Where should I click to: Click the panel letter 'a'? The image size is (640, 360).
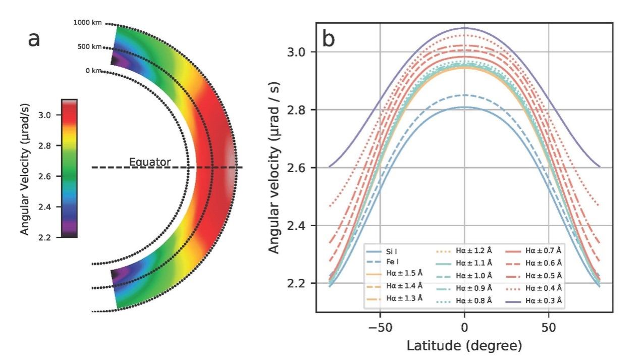tap(34, 39)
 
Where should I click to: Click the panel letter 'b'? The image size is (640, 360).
tap(329, 39)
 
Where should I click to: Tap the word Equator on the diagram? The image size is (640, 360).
tap(150, 162)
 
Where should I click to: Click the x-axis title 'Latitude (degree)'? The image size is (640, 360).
tap(464, 346)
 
